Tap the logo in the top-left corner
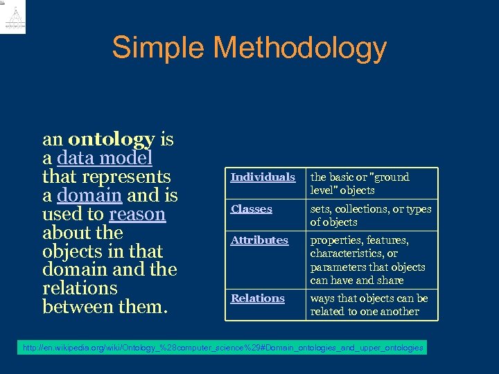point(15,17)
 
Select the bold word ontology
point(112,139)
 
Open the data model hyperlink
point(105,158)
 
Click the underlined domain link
point(90,195)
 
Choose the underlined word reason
point(137,214)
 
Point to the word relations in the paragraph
point(80,288)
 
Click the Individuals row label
point(263,177)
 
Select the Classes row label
point(251,209)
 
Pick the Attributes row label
point(259,240)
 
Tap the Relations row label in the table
point(257,299)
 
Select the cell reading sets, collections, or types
point(370,215)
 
